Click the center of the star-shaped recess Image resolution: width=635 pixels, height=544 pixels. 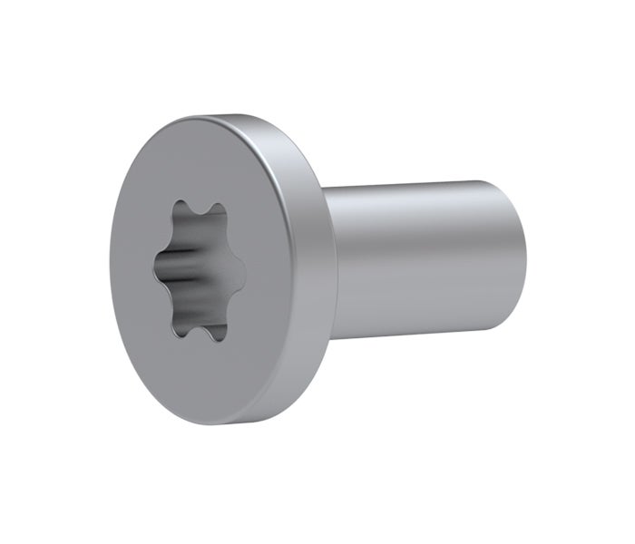coord(199,270)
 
